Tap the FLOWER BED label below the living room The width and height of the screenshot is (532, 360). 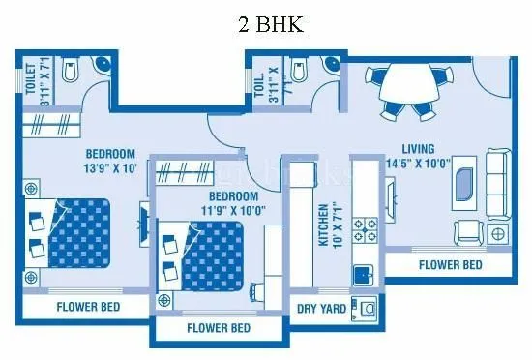click(x=452, y=264)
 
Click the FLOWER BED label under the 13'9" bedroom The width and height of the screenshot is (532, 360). click(x=88, y=309)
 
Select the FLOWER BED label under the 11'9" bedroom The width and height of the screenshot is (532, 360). click(x=219, y=328)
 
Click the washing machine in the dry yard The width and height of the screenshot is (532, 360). click(x=368, y=308)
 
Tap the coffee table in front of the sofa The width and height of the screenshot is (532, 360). click(x=465, y=183)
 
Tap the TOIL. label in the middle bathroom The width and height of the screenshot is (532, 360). click(x=259, y=87)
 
